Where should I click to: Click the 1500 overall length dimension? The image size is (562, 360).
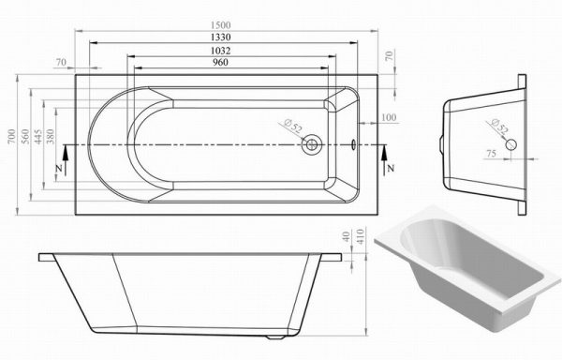(x=221, y=25)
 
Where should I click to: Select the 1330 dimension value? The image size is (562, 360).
(x=221, y=37)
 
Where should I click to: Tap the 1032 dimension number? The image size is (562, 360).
(x=221, y=51)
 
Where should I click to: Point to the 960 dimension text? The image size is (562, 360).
(x=220, y=63)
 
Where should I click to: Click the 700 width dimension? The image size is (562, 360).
(x=12, y=136)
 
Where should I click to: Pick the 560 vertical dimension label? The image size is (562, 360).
(x=25, y=136)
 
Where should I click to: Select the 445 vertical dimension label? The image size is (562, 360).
(x=38, y=137)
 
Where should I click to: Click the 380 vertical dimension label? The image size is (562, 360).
(x=51, y=136)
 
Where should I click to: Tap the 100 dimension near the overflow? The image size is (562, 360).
(x=389, y=117)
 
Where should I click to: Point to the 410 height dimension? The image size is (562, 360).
(x=361, y=236)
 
